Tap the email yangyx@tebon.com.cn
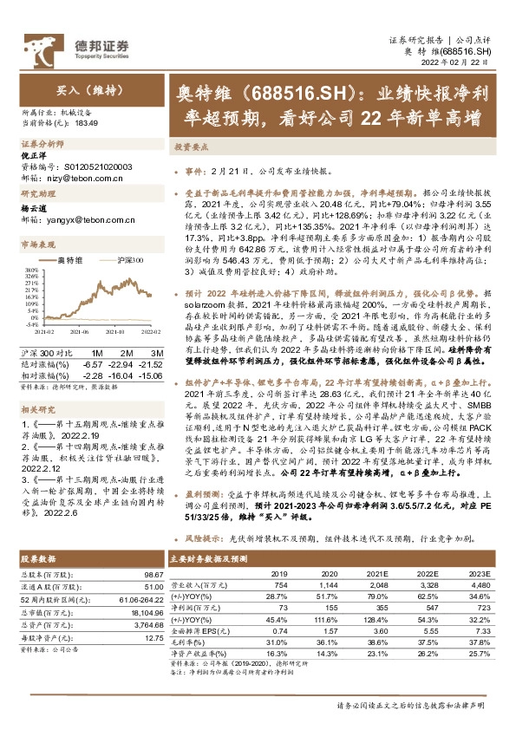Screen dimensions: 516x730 [90, 221]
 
